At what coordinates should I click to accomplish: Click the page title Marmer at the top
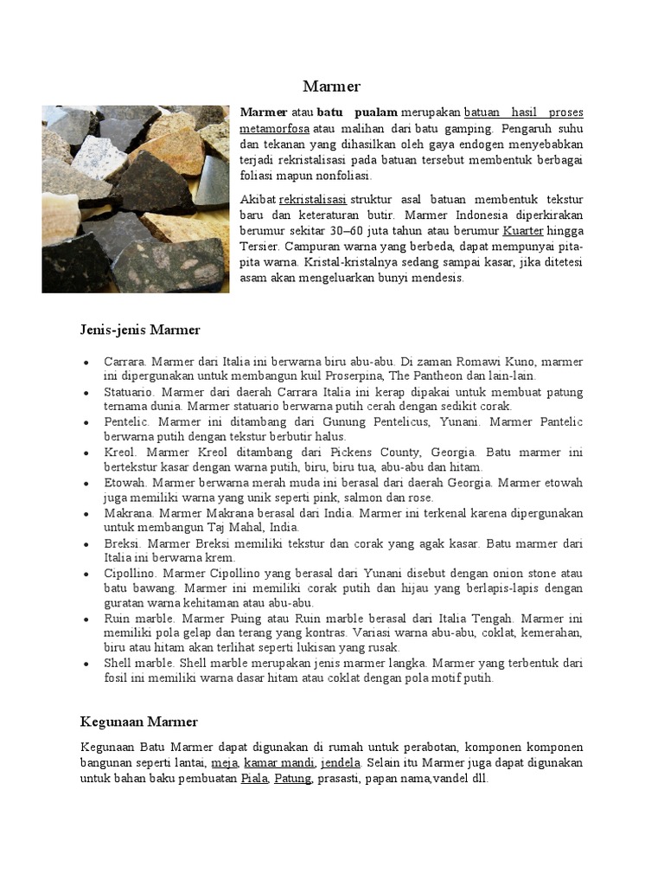click(x=331, y=86)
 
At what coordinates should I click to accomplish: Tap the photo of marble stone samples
click(x=135, y=199)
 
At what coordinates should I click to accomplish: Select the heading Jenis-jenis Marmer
click(x=140, y=330)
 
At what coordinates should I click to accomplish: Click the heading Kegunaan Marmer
click(x=139, y=722)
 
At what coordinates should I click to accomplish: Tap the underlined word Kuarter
click(x=523, y=231)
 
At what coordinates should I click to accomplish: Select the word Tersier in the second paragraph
click(x=260, y=247)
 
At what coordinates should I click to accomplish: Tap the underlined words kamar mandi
click(x=279, y=763)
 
